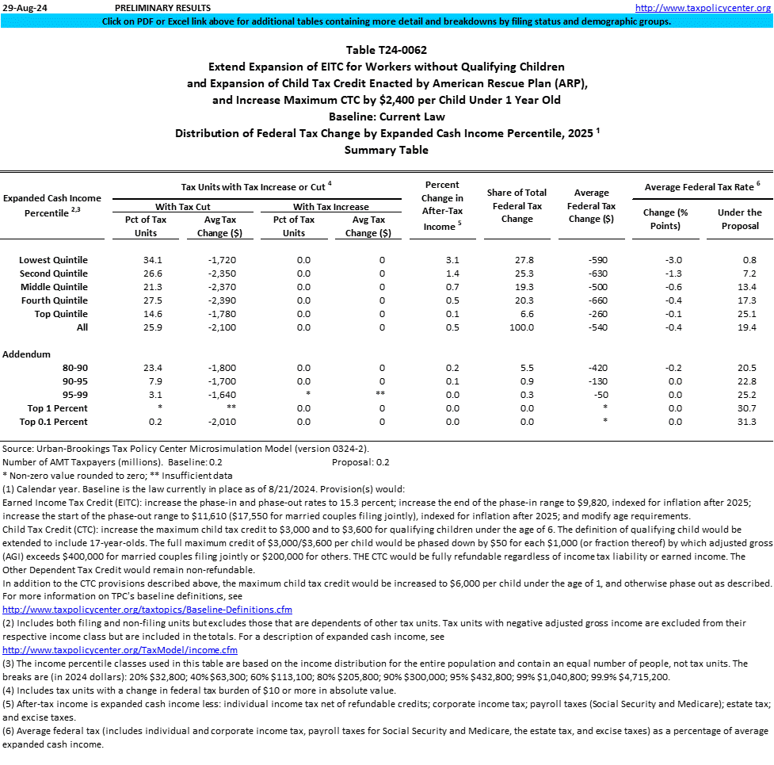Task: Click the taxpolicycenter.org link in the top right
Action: (x=704, y=7)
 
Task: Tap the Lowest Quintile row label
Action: (x=54, y=260)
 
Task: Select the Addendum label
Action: (x=27, y=354)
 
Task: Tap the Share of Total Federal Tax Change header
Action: (x=517, y=205)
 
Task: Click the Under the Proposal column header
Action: (x=739, y=219)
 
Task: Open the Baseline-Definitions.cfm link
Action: (x=148, y=610)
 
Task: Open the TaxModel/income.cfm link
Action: (x=120, y=650)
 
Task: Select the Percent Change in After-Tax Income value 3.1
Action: (x=452, y=260)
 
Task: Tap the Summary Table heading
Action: (x=387, y=150)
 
